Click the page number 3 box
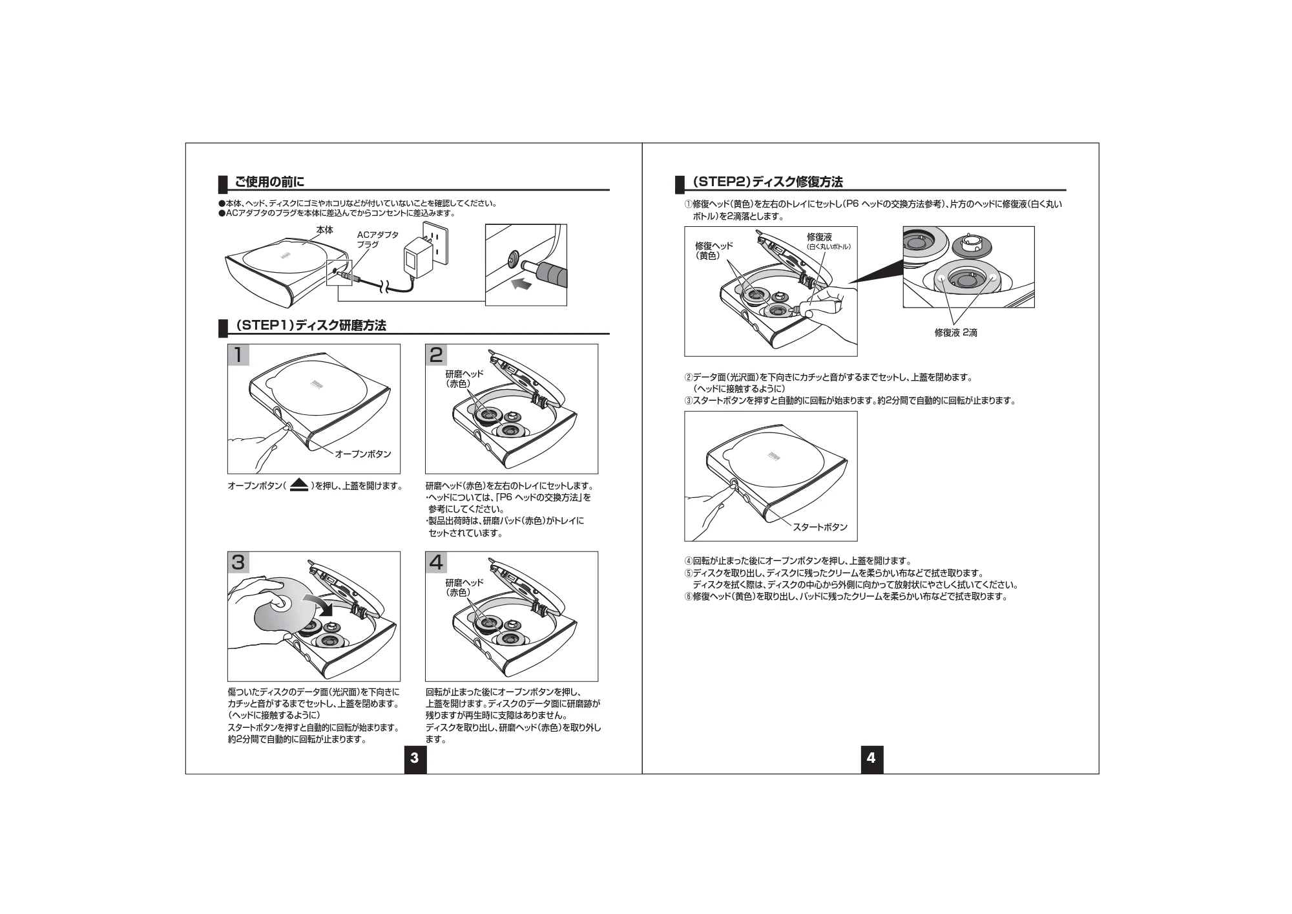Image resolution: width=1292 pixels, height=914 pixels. [x=415, y=758]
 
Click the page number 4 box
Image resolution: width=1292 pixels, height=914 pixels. [x=871, y=758]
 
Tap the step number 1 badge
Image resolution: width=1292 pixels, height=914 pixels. [x=238, y=355]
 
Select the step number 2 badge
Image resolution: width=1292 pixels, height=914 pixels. [x=436, y=355]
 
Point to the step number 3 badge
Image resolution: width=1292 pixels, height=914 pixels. [x=238, y=562]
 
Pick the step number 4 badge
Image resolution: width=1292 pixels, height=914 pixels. [x=436, y=562]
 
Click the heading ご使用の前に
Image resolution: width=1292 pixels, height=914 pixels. [x=269, y=182]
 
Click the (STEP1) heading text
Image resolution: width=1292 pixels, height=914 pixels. [x=310, y=326]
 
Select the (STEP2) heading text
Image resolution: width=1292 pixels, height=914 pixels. [x=767, y=182]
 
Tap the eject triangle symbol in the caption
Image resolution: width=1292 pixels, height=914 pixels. [x=298, y=485]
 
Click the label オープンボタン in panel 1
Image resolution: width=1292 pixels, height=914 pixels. [x=363, y=454]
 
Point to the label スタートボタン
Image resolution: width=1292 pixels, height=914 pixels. [x=820, y=527]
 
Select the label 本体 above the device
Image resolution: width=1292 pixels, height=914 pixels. [x=325, y=230]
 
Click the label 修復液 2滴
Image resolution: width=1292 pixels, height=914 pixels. [x=956, y=333]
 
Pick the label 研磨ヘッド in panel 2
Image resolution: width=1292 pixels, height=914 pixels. [x=464, y=374]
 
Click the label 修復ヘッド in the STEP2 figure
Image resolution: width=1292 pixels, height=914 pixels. [x=714, y=246]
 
